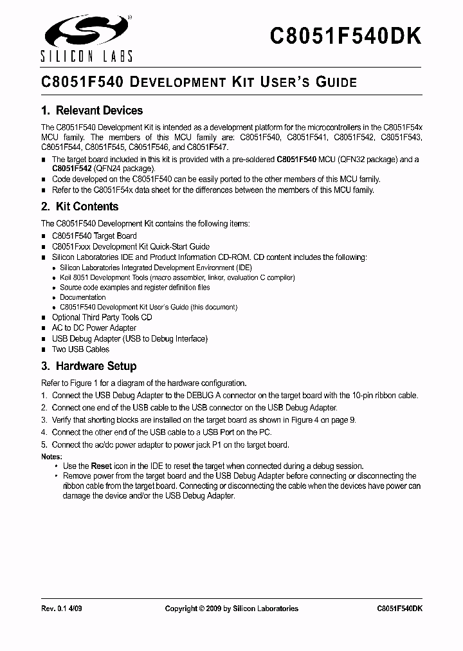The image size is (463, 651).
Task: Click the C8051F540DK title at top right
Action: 345,36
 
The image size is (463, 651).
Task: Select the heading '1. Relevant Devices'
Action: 91,111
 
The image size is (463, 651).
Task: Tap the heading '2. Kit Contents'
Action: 79,206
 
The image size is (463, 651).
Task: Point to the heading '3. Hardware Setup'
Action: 88,366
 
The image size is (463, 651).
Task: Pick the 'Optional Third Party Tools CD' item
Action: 102,317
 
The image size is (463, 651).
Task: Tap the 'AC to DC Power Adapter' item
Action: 94,328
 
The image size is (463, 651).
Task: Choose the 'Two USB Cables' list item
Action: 80,349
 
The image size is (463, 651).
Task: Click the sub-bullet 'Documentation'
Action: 82,297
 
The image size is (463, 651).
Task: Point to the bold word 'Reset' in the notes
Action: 101,466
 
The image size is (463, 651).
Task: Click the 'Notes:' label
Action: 51,456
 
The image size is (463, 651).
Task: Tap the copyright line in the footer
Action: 232,609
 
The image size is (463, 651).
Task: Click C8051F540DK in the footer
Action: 399,609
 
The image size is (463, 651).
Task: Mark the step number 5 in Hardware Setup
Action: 44,445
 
